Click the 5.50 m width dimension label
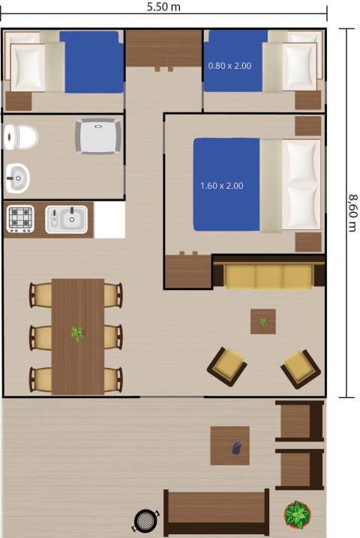[164, 7]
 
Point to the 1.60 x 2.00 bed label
[221, 185]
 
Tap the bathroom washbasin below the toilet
[18, 178]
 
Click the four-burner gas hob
[20, 219]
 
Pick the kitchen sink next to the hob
[66, 220]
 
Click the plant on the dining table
[77, 333]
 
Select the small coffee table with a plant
[262, 321]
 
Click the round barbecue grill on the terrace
[144, 519]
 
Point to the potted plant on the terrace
[298, 515]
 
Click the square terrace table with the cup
[229, 446]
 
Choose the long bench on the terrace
[216, 513]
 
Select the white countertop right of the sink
[109, 220]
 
